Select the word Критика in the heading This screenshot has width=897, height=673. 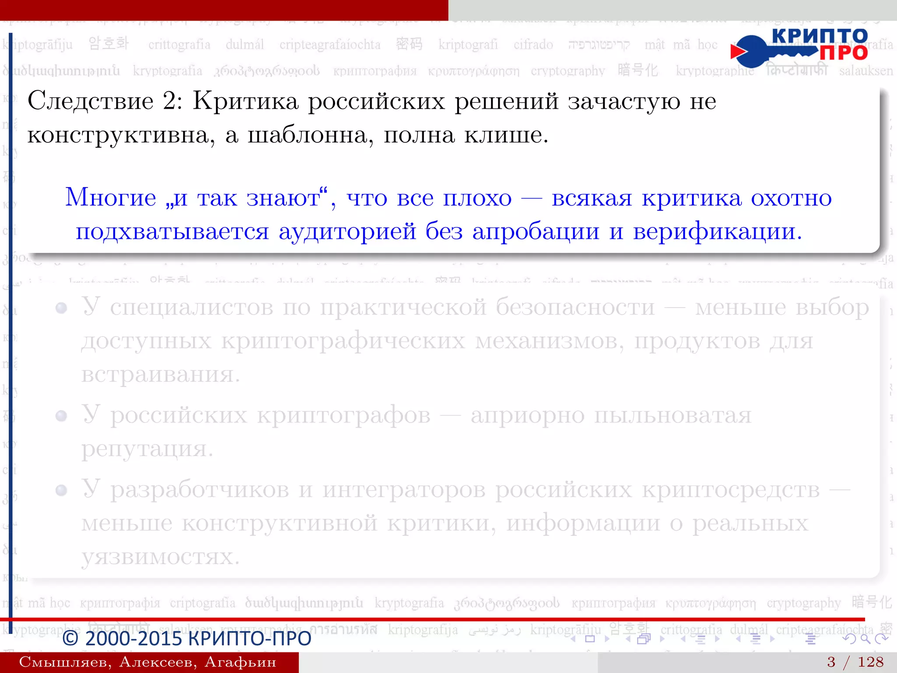coord(245,101)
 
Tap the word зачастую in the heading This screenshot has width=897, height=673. coord(624,101)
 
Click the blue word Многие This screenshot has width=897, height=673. coord(111,198)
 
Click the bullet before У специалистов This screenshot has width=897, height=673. coord(61,308)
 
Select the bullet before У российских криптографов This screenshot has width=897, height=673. coord(61,416)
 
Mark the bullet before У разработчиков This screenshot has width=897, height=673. coord(61,490)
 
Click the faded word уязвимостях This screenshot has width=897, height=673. coord(160,557)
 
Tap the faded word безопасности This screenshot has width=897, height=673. coord(575,308)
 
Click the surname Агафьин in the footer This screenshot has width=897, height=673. coord(240,662)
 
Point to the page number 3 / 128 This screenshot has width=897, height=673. coord(855,662)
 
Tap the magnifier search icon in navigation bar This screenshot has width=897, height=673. coord(865,639)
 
